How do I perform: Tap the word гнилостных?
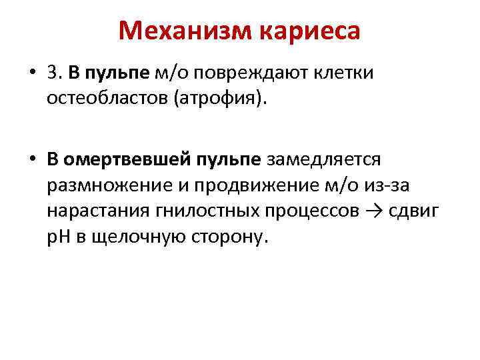[209, 211]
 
